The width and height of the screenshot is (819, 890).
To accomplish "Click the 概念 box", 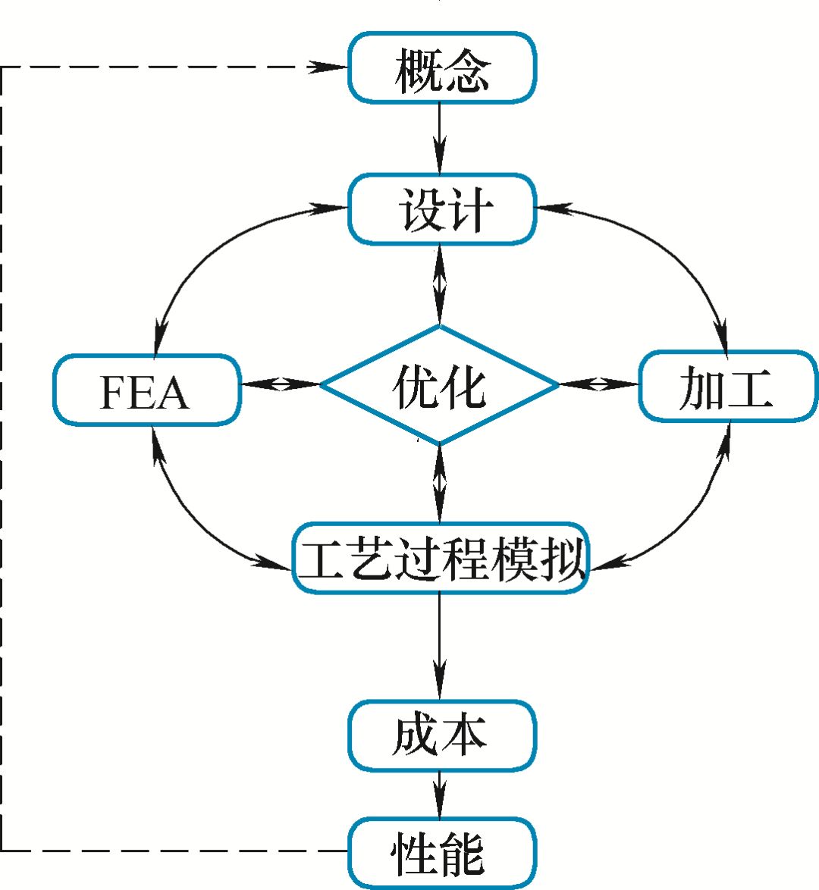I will [442, 67].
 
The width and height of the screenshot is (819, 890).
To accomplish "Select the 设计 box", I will [442, 209].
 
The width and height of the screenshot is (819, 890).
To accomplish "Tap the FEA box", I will [146, 390].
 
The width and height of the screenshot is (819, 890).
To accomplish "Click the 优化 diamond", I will [440, 385].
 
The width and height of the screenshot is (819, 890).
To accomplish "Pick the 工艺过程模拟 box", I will [441, 558].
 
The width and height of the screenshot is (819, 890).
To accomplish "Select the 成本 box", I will [442, 735].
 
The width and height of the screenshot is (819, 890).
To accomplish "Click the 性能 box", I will [442, 852].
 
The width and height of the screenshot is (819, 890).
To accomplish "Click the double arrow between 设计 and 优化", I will [440, 285].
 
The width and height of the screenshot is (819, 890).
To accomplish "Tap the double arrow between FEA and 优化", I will [281, 384].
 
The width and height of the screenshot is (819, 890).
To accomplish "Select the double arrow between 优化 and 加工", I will [600, 384].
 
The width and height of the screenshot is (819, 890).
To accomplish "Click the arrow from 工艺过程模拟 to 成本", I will [440, 644].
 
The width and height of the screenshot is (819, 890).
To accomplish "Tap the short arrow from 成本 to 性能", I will [440, 794].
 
